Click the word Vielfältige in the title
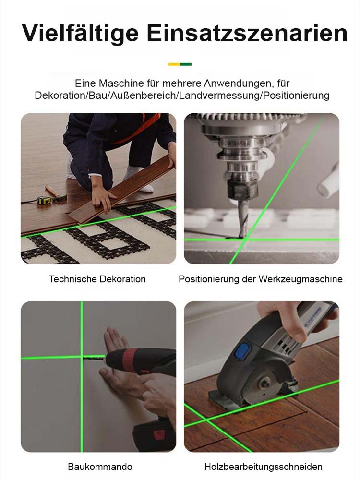79,34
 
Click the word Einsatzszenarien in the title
247,34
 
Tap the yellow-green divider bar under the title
180,64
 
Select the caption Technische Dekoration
97,279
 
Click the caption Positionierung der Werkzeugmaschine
261,279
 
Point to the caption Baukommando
100,467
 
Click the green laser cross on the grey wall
82,357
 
